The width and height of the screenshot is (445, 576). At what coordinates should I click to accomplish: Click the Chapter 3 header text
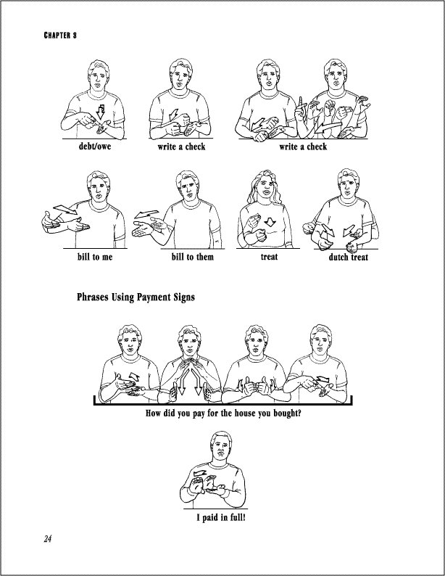pos(60,36)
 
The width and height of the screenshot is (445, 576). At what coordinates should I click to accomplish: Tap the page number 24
pos(48,539)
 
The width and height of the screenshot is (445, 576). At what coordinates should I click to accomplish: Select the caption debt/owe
pos(95,147)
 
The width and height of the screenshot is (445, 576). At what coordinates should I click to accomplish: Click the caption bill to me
pos(95,257)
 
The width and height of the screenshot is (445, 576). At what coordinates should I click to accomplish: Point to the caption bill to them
pos(192,257)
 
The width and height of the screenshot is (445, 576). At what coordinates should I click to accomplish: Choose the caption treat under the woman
pos(269,257)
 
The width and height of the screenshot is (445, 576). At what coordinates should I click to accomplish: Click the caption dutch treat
pos(348,257)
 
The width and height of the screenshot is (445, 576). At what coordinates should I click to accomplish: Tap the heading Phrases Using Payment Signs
pos(136,297)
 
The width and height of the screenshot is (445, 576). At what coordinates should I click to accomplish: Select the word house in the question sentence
pos(245,414)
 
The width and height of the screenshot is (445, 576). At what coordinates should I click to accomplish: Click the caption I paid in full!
pos(221,517)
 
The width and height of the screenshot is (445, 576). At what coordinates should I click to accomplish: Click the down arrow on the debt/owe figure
pos(100,111)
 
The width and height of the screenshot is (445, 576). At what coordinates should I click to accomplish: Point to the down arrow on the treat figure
pos(270,222)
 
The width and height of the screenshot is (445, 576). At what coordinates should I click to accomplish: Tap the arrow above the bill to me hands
pos(66,210)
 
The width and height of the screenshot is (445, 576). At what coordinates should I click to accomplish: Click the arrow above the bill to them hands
pos(146,215)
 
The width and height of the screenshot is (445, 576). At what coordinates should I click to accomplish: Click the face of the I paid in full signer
pos(220,448)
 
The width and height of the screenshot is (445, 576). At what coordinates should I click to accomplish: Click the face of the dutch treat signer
pos(348,186)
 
